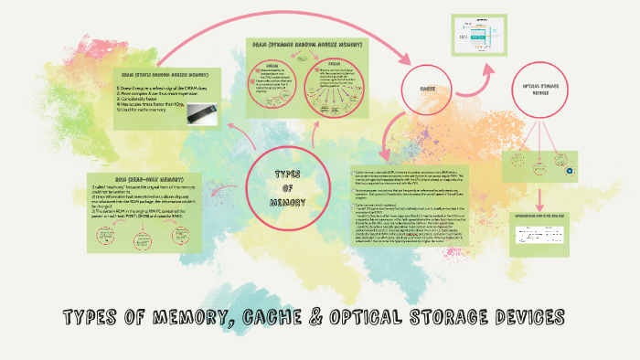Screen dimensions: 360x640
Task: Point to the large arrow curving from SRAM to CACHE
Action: [274, 20]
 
